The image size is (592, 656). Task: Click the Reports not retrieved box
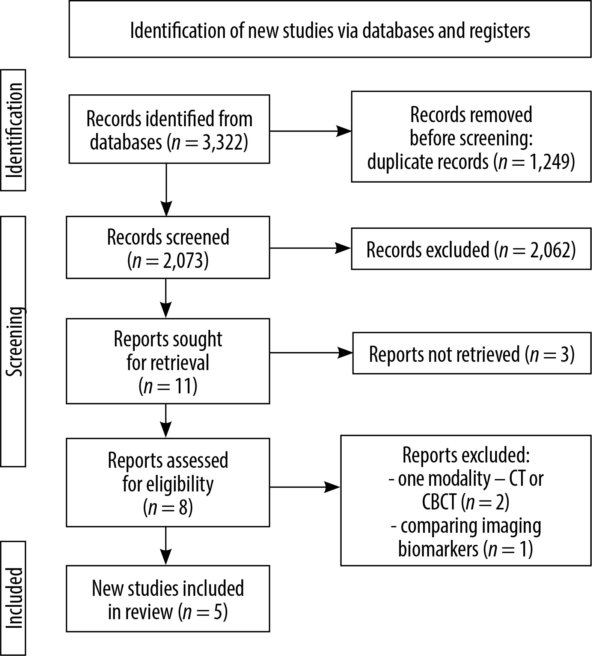[x=472, y=353]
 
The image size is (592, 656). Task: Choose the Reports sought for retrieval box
[x=168, y=361]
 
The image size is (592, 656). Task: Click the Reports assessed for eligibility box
[x=168, y=482]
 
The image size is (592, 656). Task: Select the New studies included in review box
[x=168, y=599]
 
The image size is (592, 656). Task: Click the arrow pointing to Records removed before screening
[x=310, y=131]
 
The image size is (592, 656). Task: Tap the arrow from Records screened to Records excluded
[x=310, y=248]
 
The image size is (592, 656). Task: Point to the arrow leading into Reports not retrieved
[x=311, y=353]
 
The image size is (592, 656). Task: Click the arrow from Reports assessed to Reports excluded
[x=305, y=487]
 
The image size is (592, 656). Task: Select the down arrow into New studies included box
[x=166, y=546]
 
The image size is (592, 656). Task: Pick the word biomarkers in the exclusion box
[x=438, y=549]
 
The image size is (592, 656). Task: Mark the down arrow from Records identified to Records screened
[x=166, y=190]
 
